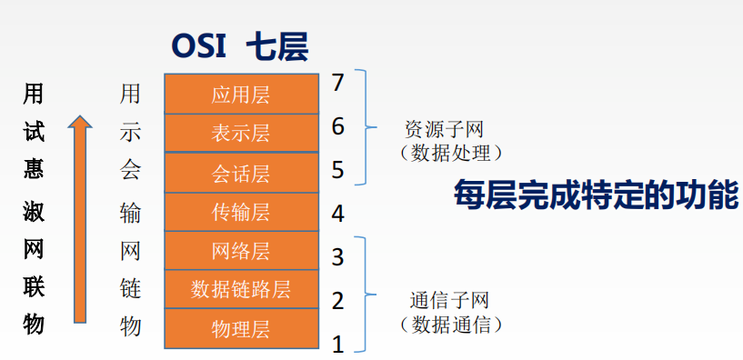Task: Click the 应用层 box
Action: pyautogui.click(x=241, y=94)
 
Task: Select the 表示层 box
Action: pyautogui.click(x=241, y=133)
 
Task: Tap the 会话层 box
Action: pyautogui.click(x=241, y=173)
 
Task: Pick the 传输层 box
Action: pyautogui.click(x=241, y=212)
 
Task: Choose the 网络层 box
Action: pyautogui.click(x=241, y=251)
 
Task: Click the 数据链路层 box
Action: pyautogui.click(x=241, y=289)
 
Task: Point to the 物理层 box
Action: pyautogui.click(x=241, y=329)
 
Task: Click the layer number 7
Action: pyautogui.click(x=338, y=84)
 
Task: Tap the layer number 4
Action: pyautogui.click(x=338, y=214)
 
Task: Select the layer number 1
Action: pyautogui.click(x=338, y=345)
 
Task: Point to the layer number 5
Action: pyautogui.click(x=338, y=171)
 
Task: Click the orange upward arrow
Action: pyautogui.click(x=80, y=219)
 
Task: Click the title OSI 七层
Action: pyautogui.click(x=240, y=47)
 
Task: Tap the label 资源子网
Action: pyautogui.click(x=445, y=129)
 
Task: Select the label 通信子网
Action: pyautogui.click(x=448, y=300)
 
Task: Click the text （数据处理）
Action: pyautogui.click(x=451, y=154)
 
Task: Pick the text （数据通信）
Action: pyautogui.click(x=451, y=325)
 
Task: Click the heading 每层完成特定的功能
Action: pyautogui.click(x=596, y=195)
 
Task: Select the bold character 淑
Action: pyautogui.click(x=34, y=211)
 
